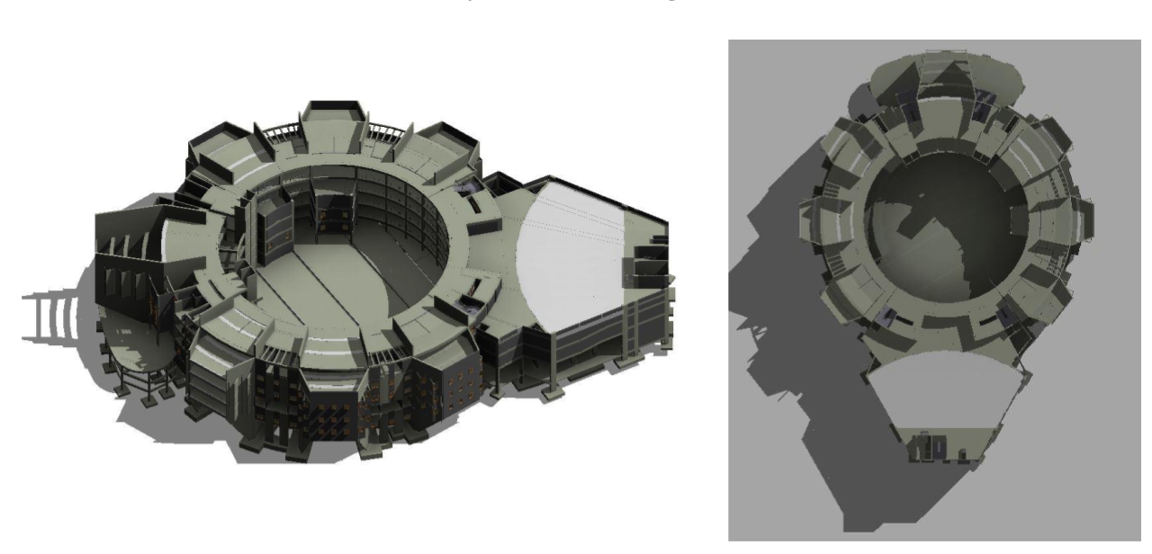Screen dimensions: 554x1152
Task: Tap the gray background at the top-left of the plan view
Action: click(x=765, y=72)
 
